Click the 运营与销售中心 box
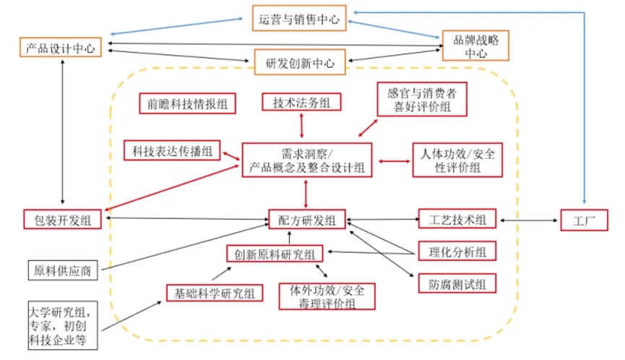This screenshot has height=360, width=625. [x=299, y=18]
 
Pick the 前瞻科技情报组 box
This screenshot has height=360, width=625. [x=184, y=103]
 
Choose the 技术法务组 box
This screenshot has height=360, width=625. [x=301, y=103]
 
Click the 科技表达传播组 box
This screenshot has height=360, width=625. [x=171, y=150]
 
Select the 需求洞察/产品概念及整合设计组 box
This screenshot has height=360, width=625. [x=306, y=160]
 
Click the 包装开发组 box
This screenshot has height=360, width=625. [x=62, y=218]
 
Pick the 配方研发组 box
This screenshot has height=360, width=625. [x=306, y=219]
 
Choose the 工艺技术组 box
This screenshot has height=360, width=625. [x=457, y=218]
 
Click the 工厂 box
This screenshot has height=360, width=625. [x=585, y=219]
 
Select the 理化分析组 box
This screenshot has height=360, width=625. [x=457, y=251]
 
